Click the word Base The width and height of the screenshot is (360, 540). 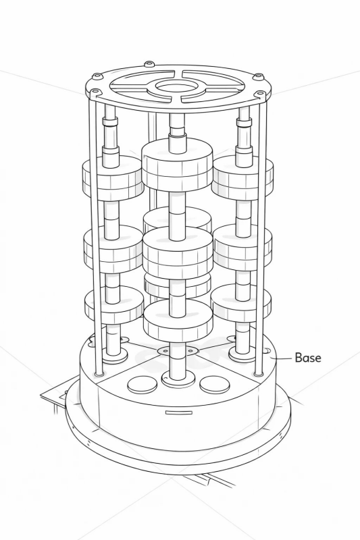point(308,358)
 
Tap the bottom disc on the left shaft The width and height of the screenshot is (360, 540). point(113,306)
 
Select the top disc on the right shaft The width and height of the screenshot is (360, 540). point(242,178)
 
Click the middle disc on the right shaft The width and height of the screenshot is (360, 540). point(242,246)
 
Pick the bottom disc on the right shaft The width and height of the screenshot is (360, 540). point(241,304)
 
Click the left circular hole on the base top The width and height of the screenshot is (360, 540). point(142,385)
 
